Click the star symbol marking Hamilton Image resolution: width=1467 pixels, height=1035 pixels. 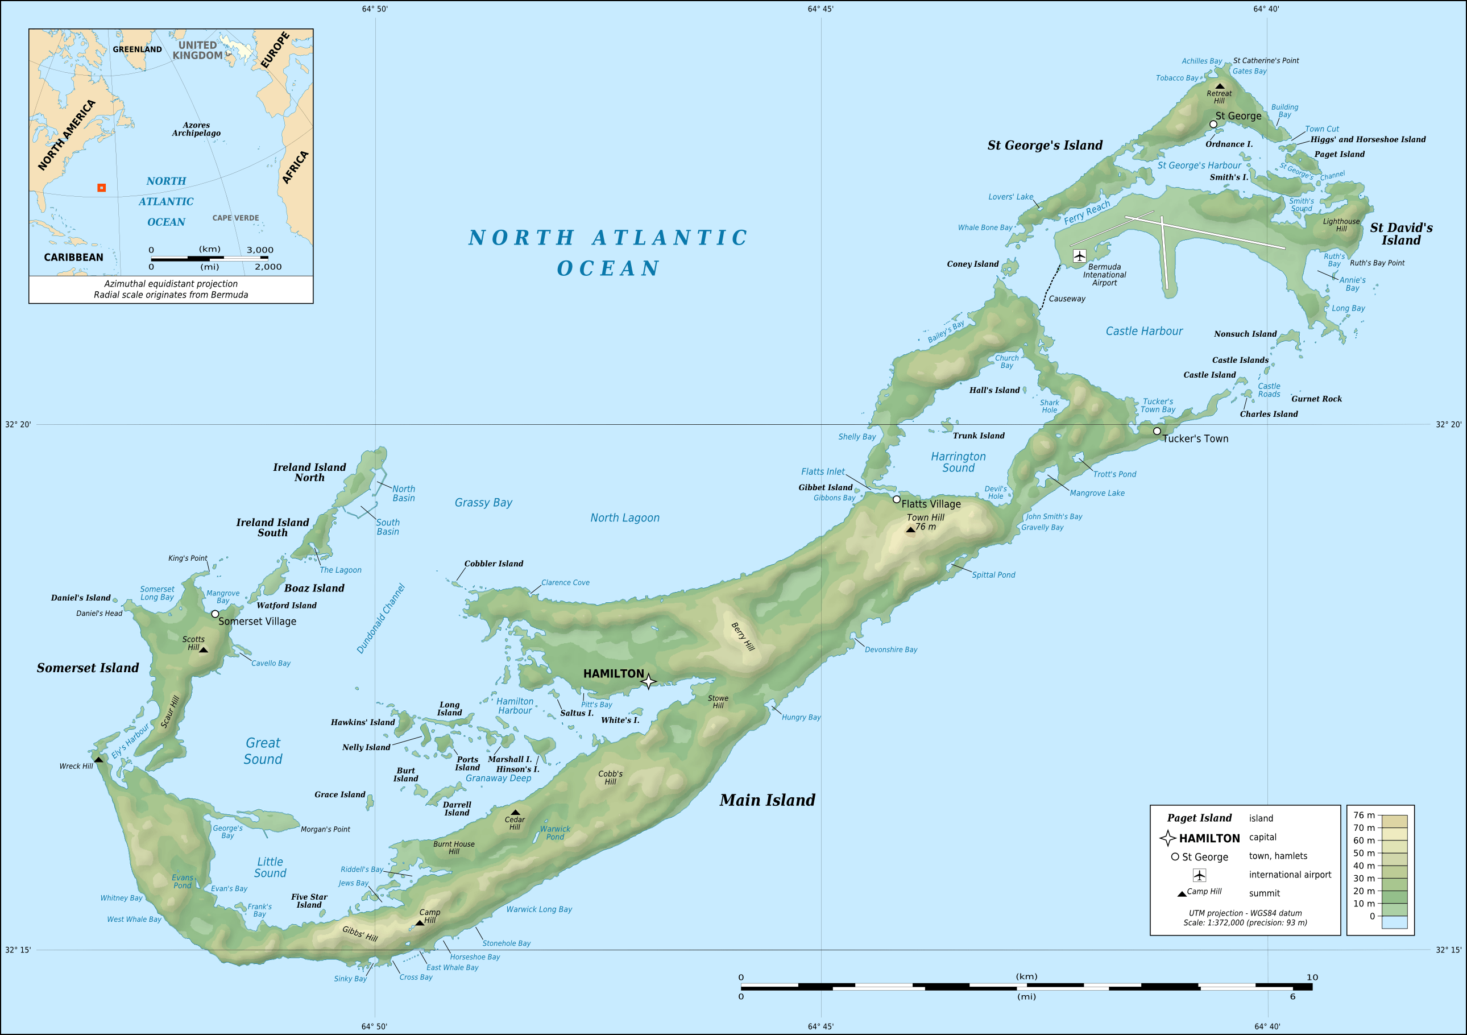point(648,681)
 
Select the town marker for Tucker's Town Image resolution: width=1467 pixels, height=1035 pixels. point(1157,431)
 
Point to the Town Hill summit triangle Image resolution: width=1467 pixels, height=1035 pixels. point(910,529)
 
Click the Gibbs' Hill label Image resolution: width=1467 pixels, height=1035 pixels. point(360,933)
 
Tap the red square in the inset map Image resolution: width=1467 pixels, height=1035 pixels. point(102,188)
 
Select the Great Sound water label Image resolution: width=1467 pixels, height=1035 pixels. point(263,751)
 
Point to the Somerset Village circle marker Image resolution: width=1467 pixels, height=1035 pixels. point(216,614)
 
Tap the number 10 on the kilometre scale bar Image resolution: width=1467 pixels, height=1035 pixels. point(1312,977)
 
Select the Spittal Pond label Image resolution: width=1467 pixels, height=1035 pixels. point(993,575)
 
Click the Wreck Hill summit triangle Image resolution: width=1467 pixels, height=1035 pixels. point(98,760)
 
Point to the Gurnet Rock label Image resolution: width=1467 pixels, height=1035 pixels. point(1316,399)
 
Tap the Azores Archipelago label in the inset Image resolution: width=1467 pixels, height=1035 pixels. point(196,129)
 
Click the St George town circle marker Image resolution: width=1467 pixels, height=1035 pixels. point(1213,124)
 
